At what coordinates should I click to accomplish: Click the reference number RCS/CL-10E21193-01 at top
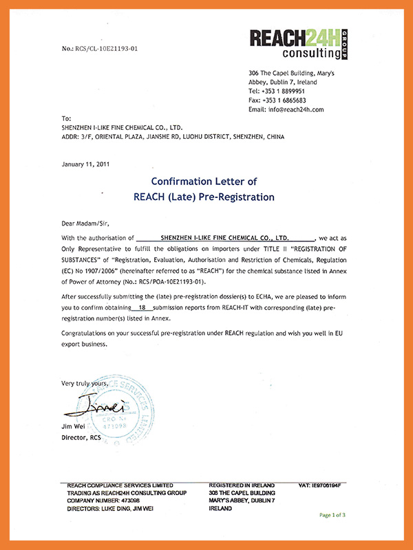99,49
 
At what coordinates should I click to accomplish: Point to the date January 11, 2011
85,164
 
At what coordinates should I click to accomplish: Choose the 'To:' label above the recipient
66,118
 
